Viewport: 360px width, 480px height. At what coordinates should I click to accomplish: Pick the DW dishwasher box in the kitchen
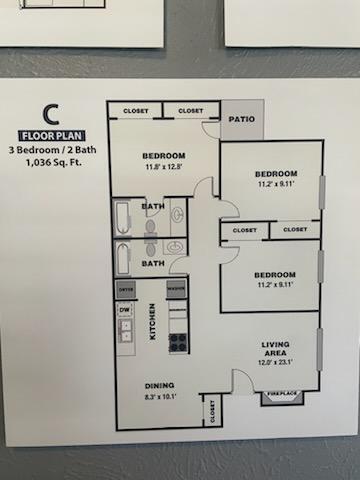pyautogui.click(x=126, y=310)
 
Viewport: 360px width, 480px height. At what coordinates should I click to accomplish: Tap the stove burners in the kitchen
pyautogui.click(x=178, y=342)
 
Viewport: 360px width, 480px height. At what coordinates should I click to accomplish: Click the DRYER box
pyautogui.click(x=126, y=290)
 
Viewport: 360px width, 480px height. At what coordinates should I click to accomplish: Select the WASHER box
pyautogui.click(x=177, y=290)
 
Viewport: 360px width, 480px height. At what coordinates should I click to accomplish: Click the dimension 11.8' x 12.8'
pyautogui.click(x=163, y=168)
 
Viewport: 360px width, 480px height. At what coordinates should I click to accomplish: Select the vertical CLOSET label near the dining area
pyautogui.click(x=212, y=410)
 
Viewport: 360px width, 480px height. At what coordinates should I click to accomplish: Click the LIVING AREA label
pyautogui.click(x=275, y=348)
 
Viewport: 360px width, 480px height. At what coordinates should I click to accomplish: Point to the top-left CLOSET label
pyautogui.click(x=135, y=110)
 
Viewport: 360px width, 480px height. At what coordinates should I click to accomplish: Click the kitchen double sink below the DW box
pyautogui.click(x=126, y=332)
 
